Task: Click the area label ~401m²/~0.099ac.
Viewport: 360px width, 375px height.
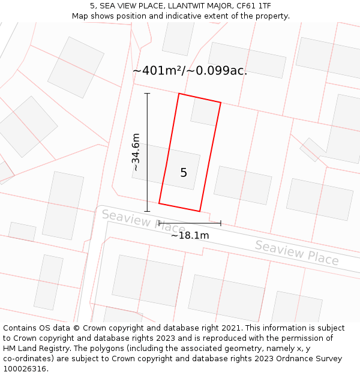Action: coord(190,71)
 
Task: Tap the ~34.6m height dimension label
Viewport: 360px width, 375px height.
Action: coord(136,152)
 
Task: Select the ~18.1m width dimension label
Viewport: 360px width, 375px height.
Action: coord(190,235)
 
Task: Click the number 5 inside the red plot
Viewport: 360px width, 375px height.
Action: coord(184,173)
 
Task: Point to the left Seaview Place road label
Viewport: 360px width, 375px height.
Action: coord(143,221)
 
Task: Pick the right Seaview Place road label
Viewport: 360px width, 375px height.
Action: coord(296,253)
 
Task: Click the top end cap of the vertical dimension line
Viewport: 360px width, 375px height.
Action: coord(147,94)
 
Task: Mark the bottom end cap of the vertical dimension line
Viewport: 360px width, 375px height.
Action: coord(147,211)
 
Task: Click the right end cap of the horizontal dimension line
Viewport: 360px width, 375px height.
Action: coord(221,223)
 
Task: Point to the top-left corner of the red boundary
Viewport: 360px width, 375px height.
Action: coord(179,94)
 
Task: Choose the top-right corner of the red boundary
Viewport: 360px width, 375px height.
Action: coord(221,103)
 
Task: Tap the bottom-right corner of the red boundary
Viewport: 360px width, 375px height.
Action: coord(200,211)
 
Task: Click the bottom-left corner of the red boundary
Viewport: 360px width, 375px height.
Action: coord(159,203)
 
